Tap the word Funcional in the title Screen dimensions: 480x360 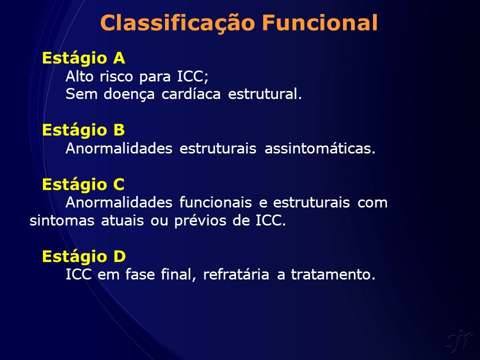[x=320, y=22]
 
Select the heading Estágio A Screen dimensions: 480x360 [x=83, y=58]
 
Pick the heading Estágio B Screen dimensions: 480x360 [x=83, y=130]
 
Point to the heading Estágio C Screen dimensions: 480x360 [x=83, y=185]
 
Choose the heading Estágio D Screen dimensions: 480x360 [x=84, y=257]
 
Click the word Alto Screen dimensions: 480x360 [x=79, y=76]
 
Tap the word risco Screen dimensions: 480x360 [x=116, y=76]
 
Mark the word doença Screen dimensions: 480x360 [x=129, y=94]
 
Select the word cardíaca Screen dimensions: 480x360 [x=191, y=93]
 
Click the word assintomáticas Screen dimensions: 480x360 [x=319, y=148]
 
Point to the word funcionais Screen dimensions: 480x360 [x=215, y=202]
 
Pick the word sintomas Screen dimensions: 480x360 [x=62, y=220]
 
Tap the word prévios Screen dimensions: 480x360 [x=200, y=220]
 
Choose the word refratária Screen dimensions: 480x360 [x=236, y=274]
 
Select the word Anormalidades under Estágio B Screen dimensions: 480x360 [x=119, y=148]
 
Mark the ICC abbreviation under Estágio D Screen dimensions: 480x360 [x=78, y=274]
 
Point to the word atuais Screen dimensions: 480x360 [x=122, y=220]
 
